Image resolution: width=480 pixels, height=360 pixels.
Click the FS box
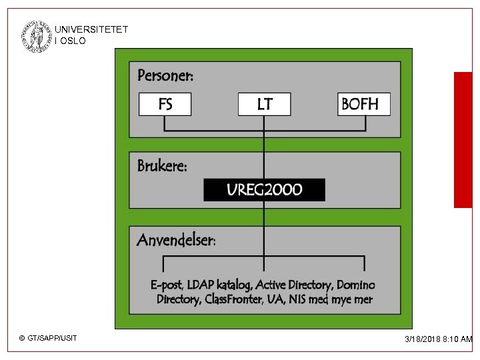tap(165, 104)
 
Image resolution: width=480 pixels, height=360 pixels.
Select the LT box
tap(264, 104)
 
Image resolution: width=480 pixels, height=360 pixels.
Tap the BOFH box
tap(363, 104)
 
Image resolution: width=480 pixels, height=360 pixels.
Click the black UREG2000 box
tap(264, 190)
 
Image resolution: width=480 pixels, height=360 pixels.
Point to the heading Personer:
tap(165, 75)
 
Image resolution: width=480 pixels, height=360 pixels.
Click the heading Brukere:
tap(162, 166)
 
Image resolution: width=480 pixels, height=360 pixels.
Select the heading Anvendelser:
tap(176, 240)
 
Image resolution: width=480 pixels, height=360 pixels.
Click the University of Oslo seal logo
tap(35, 36)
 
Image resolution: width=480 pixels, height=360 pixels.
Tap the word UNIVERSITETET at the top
tap(91, 30)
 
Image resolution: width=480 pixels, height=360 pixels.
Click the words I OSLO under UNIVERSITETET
tap(71, 41)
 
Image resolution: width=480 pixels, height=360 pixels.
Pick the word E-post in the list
tap(167, 285)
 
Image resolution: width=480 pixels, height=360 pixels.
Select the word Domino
tap(356, 285)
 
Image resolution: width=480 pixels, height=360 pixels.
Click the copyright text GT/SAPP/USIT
tap(52, 339)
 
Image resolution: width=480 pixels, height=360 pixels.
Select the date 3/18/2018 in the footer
tap(423, 339)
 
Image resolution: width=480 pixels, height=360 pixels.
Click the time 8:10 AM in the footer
tap(458, 339)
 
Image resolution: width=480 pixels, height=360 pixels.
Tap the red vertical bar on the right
tap(463, 140)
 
